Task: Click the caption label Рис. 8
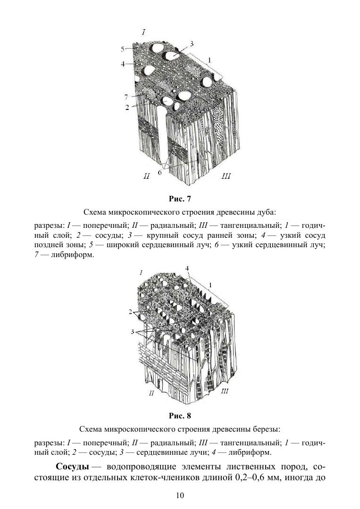[x=179, y=416]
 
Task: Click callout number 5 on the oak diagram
[x=122, y=49]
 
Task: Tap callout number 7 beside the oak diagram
[x=126, y=96]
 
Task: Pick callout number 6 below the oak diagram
[x=159, y=173]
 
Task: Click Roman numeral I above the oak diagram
[x=143, y=32]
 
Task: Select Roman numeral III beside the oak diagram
[x=226, y=176]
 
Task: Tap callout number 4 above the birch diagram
[x=187, y=268]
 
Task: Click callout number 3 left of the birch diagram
[x=133, y=332]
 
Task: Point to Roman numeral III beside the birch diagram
[x=225, y=391]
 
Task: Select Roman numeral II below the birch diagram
[x=151, y=393]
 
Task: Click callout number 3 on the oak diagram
[x=192, y=44]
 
